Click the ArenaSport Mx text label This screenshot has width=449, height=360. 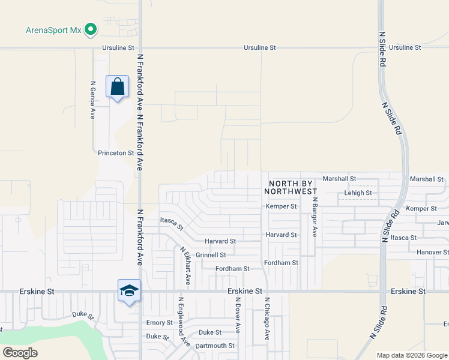pos(53,30)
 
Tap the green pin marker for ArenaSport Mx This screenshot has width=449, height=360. pos(91,28)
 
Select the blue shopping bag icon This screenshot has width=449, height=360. pos(117,86)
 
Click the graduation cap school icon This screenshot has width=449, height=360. pos(129,291)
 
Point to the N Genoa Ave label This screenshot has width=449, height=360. pos(93,100)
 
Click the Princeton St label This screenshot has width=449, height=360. pos(116,153)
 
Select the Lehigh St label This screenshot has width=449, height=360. pos(358,193)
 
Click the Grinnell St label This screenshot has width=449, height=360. pos(210,255)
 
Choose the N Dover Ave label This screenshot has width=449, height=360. pos(238,316)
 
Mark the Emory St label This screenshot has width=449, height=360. pos(160,323)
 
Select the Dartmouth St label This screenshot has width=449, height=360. pos(215,346)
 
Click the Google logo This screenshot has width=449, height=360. pos(20,353)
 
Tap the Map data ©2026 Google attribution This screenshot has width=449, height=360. pos(411,355)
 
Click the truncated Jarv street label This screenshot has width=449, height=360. pos(443,223)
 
